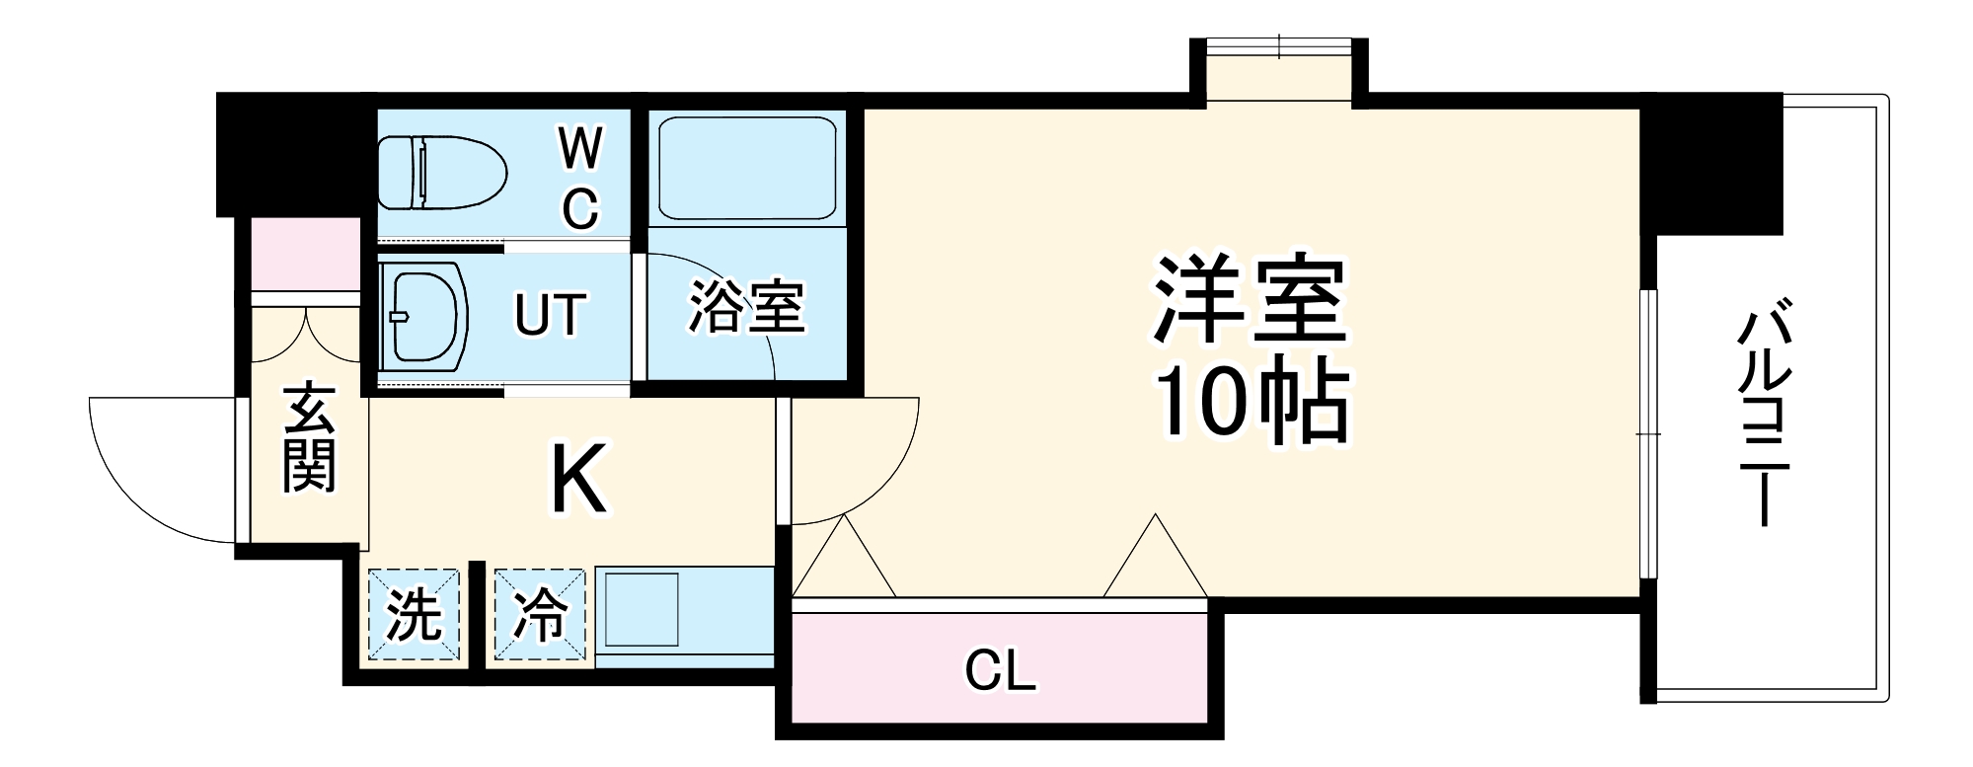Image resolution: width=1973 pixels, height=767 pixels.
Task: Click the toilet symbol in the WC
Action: [x=441, y=173]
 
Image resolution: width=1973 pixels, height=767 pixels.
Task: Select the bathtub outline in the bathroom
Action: [x=747, y=168]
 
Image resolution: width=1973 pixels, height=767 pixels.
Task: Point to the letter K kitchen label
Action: [x=578, y=480]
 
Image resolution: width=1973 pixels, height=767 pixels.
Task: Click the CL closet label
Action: [x=1000, y=672]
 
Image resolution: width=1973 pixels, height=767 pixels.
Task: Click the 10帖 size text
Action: [x=1252, y=404]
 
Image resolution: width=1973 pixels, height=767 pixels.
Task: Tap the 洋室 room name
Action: [x=1252, y=298]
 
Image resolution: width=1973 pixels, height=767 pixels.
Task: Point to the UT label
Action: [x=550, y=315]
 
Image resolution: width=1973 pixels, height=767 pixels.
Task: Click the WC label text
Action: [x=580, y=179]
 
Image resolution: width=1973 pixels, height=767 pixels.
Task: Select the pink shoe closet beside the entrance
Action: [x=305, y=254]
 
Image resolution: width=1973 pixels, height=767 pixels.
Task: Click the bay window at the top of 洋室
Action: [x=1279, y=69]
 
